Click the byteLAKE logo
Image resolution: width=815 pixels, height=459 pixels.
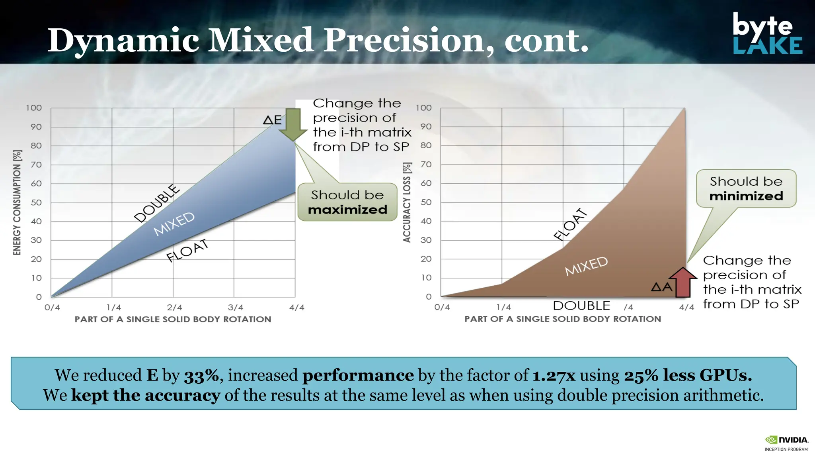(x=767, y=33)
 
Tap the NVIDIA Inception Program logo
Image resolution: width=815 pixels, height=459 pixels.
(x=786, y=443)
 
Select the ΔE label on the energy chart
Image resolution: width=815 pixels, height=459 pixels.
(x=273, y=120)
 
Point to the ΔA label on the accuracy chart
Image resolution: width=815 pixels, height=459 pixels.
(x=661, y=286)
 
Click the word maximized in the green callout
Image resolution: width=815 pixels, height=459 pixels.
(x=347, y=210)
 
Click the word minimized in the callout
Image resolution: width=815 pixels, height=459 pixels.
(x=746, y=196)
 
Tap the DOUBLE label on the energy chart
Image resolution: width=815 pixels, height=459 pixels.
(x=157, y=203)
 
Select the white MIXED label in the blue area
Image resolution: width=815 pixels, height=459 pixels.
(x=174, y=224)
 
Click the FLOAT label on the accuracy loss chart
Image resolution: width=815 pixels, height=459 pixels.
(x=570, y=224)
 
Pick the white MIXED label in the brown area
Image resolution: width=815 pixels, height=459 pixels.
(x=586, y=266)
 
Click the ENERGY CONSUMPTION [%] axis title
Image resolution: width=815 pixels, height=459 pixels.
(x=17, y=202)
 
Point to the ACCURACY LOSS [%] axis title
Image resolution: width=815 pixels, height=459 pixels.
(x=407, y=202)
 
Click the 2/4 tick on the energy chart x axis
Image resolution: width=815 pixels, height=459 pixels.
(x=174, y=308)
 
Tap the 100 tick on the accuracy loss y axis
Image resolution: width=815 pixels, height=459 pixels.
(x=423, y=108)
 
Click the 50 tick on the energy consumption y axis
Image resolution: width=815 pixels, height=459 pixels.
(x=36, y=202)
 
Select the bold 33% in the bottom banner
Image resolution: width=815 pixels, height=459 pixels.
(x=201, y=375)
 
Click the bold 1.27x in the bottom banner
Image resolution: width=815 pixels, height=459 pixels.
(x=554, y=375)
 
